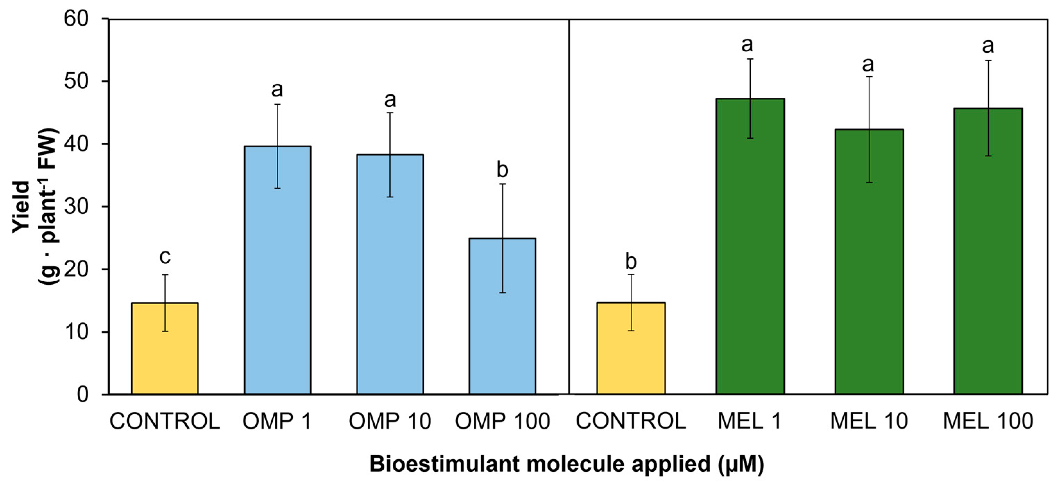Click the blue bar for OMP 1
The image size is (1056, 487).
pyautogui.click(x=278, y=271)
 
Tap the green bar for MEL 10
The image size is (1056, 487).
pyautogui.click(x=869, y=262)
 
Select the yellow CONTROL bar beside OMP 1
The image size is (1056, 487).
pyautogui.click(x=165, y=349)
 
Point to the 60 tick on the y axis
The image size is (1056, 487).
pyautogui.click(x=76, y=19)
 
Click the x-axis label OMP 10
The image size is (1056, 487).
pyautogui.click(x=390, y=421)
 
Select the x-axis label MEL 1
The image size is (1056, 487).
pyautogui.click(x=749, y=421)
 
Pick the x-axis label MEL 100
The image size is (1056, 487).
pyautogui.click(x=988, y=421)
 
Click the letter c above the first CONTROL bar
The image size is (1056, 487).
pyautogui.click(x=165, y=257)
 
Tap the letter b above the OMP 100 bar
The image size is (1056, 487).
pyautogui.click(x=502, y=169)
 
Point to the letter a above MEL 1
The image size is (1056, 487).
pyautogui.click(x=747, y=44)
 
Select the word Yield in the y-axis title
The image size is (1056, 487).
pyautogui.click(x=21, y=207)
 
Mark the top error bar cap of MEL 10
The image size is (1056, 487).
pyautogui.click(x=869, y=77)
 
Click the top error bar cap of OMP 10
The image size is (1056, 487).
pyautogui.click(x=390, y=113)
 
